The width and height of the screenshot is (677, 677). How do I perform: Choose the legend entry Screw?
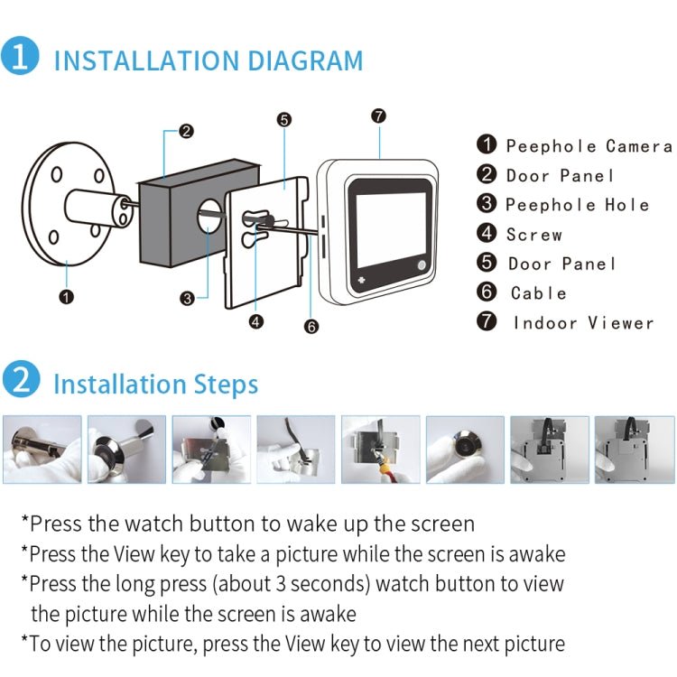[533, 235]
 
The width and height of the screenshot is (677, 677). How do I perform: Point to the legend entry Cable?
[538, 292]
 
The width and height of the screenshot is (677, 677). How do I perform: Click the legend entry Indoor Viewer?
[583, 322]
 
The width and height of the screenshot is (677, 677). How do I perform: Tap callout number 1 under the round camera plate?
[65, 295]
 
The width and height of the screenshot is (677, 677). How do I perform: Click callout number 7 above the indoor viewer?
[378, 116]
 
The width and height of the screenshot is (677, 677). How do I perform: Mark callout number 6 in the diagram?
[311, 327]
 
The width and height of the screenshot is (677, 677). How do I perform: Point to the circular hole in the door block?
[207, 218]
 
